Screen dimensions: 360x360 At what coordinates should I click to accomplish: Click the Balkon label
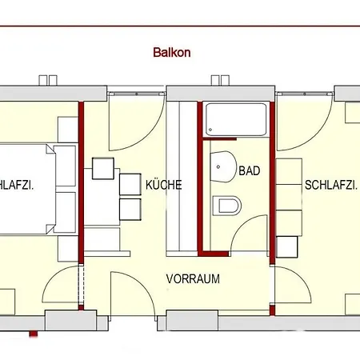[x=171, y=54]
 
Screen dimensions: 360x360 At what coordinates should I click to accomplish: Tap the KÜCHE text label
[x=163, y=185]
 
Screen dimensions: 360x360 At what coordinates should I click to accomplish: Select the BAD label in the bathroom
[x=250, y=171]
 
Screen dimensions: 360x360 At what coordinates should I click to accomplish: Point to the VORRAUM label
[x=193, y=279]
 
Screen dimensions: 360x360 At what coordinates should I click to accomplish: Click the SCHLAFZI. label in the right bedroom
[x=330, y=185]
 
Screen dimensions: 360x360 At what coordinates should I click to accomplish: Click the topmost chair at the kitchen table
[x=102, y=169]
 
